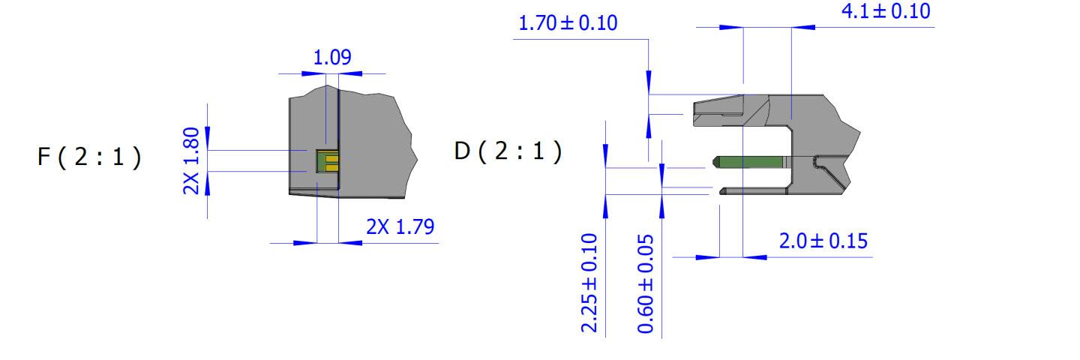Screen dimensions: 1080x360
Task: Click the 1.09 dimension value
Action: (x=332, y=57)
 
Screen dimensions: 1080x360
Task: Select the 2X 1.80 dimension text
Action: (x=191, y=160)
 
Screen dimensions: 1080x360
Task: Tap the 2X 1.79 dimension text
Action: (x=400, y=226)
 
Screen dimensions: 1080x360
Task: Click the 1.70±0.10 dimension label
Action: (x=568, y=23)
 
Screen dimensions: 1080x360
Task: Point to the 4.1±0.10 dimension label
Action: (x=886, y=11)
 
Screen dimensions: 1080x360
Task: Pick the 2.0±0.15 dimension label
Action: (x=823, y=241)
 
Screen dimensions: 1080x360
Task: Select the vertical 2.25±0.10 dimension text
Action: (x=589, y=283)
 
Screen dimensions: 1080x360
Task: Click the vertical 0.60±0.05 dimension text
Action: (x=646, y=283)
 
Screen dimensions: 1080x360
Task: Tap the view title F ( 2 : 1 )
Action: (x=89, y=157)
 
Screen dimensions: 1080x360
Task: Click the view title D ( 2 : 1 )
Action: (x=508, y=151)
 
